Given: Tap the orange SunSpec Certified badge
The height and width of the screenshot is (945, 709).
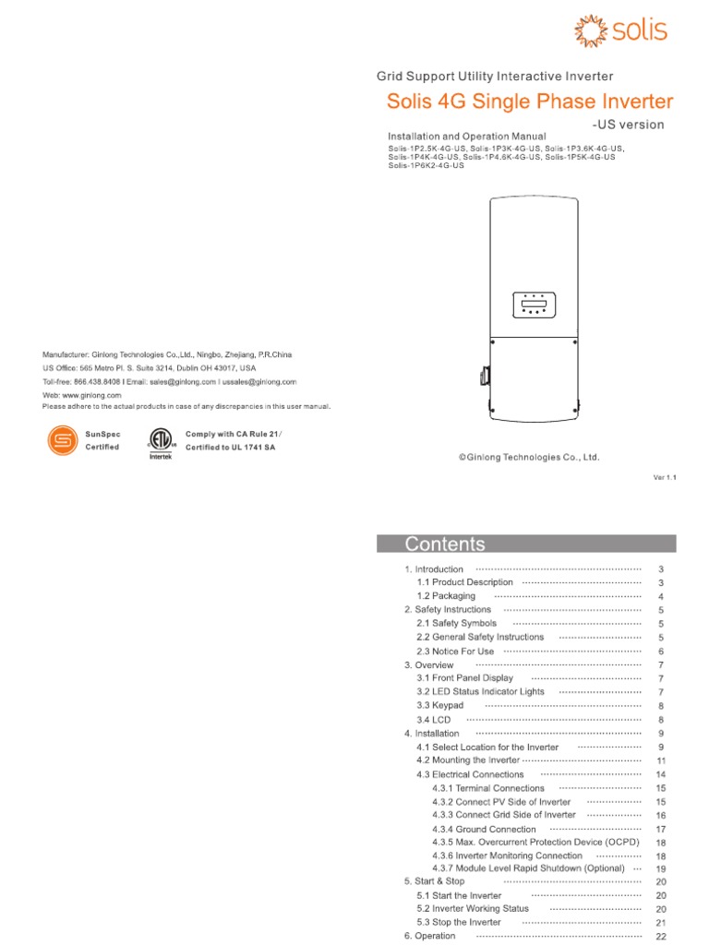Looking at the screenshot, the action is [62, 440].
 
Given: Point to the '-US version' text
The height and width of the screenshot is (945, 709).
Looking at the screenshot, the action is [627, 125].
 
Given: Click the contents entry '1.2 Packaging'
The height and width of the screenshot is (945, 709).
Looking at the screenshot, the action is [446, 596].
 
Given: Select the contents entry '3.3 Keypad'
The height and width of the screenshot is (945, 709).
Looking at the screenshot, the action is [440, 705].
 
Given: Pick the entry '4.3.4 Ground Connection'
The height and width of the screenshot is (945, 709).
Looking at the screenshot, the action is [484, 829].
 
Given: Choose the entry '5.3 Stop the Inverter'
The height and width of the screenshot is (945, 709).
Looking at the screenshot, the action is [459, 922].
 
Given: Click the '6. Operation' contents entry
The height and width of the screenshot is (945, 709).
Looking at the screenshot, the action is [430, 936].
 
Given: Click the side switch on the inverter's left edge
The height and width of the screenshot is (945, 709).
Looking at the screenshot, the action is [482, 377].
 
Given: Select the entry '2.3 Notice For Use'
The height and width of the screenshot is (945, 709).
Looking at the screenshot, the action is [455, 651].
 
